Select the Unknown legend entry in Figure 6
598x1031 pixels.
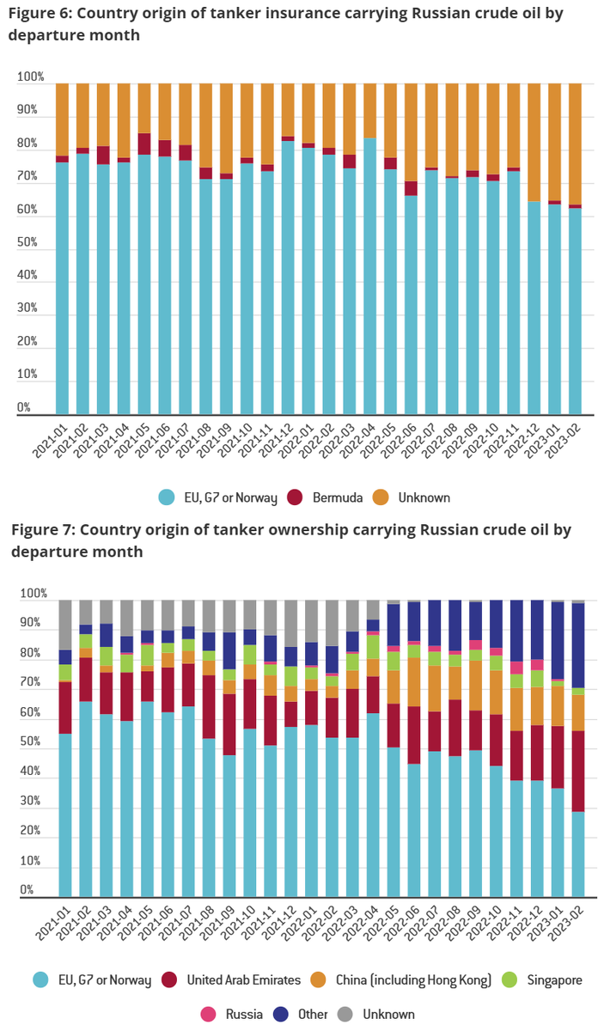(421, 497)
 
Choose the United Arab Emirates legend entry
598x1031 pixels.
(233, 979)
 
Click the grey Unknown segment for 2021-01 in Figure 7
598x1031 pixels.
(65, 625)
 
